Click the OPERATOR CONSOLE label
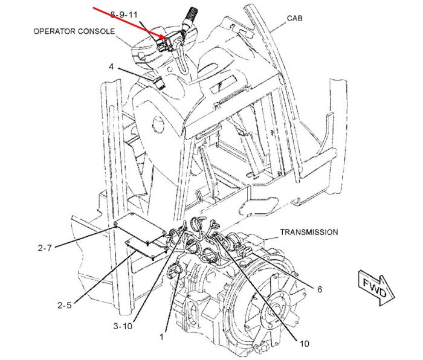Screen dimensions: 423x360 click(x=74, y=31)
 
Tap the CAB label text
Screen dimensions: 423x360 click(x=295, y=18)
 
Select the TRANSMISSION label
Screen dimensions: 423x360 click(x=309, y=232)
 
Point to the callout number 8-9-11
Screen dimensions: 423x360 click(x=124, y=14)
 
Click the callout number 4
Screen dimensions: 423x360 click(x=111, y=66)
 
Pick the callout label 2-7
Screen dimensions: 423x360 click(x=45, y=248)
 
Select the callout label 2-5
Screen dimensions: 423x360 click(x=65, y=305)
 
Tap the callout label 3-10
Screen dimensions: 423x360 click(x=123, y=326)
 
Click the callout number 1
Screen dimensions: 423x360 click(x=161, y=337)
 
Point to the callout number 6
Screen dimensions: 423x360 click(x=320, y=289)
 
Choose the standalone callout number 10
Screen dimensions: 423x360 click(x=304, y=344)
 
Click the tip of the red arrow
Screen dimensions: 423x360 click(x=168, y=40)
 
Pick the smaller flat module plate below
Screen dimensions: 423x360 click(x=146, y=247)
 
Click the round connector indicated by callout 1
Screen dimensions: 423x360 click(x=173, y=271)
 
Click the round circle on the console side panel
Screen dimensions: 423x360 click(x=158, y=124)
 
